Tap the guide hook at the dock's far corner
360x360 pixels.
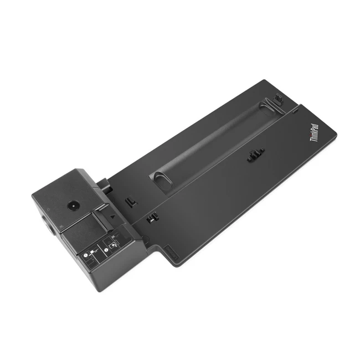[x=276, y=100]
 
